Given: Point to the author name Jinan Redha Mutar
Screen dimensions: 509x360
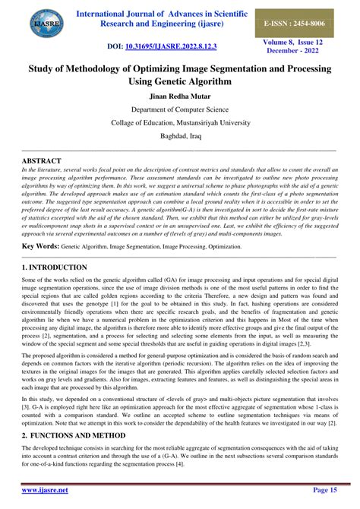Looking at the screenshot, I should click(180, 96).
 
